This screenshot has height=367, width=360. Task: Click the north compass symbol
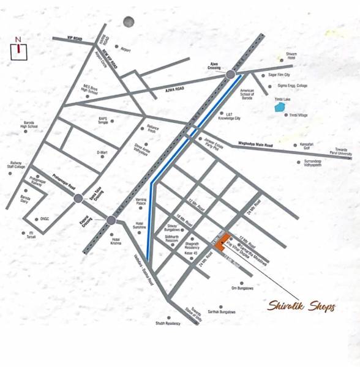(19, 49)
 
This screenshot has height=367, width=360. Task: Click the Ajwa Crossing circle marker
(231, 75)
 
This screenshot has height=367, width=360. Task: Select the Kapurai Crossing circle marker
(111, 220)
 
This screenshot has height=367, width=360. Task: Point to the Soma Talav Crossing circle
(78, 198)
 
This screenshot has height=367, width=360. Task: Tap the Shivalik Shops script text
(301, 306)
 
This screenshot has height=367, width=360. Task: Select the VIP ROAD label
(74, 38)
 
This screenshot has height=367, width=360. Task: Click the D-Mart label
(102, 152)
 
